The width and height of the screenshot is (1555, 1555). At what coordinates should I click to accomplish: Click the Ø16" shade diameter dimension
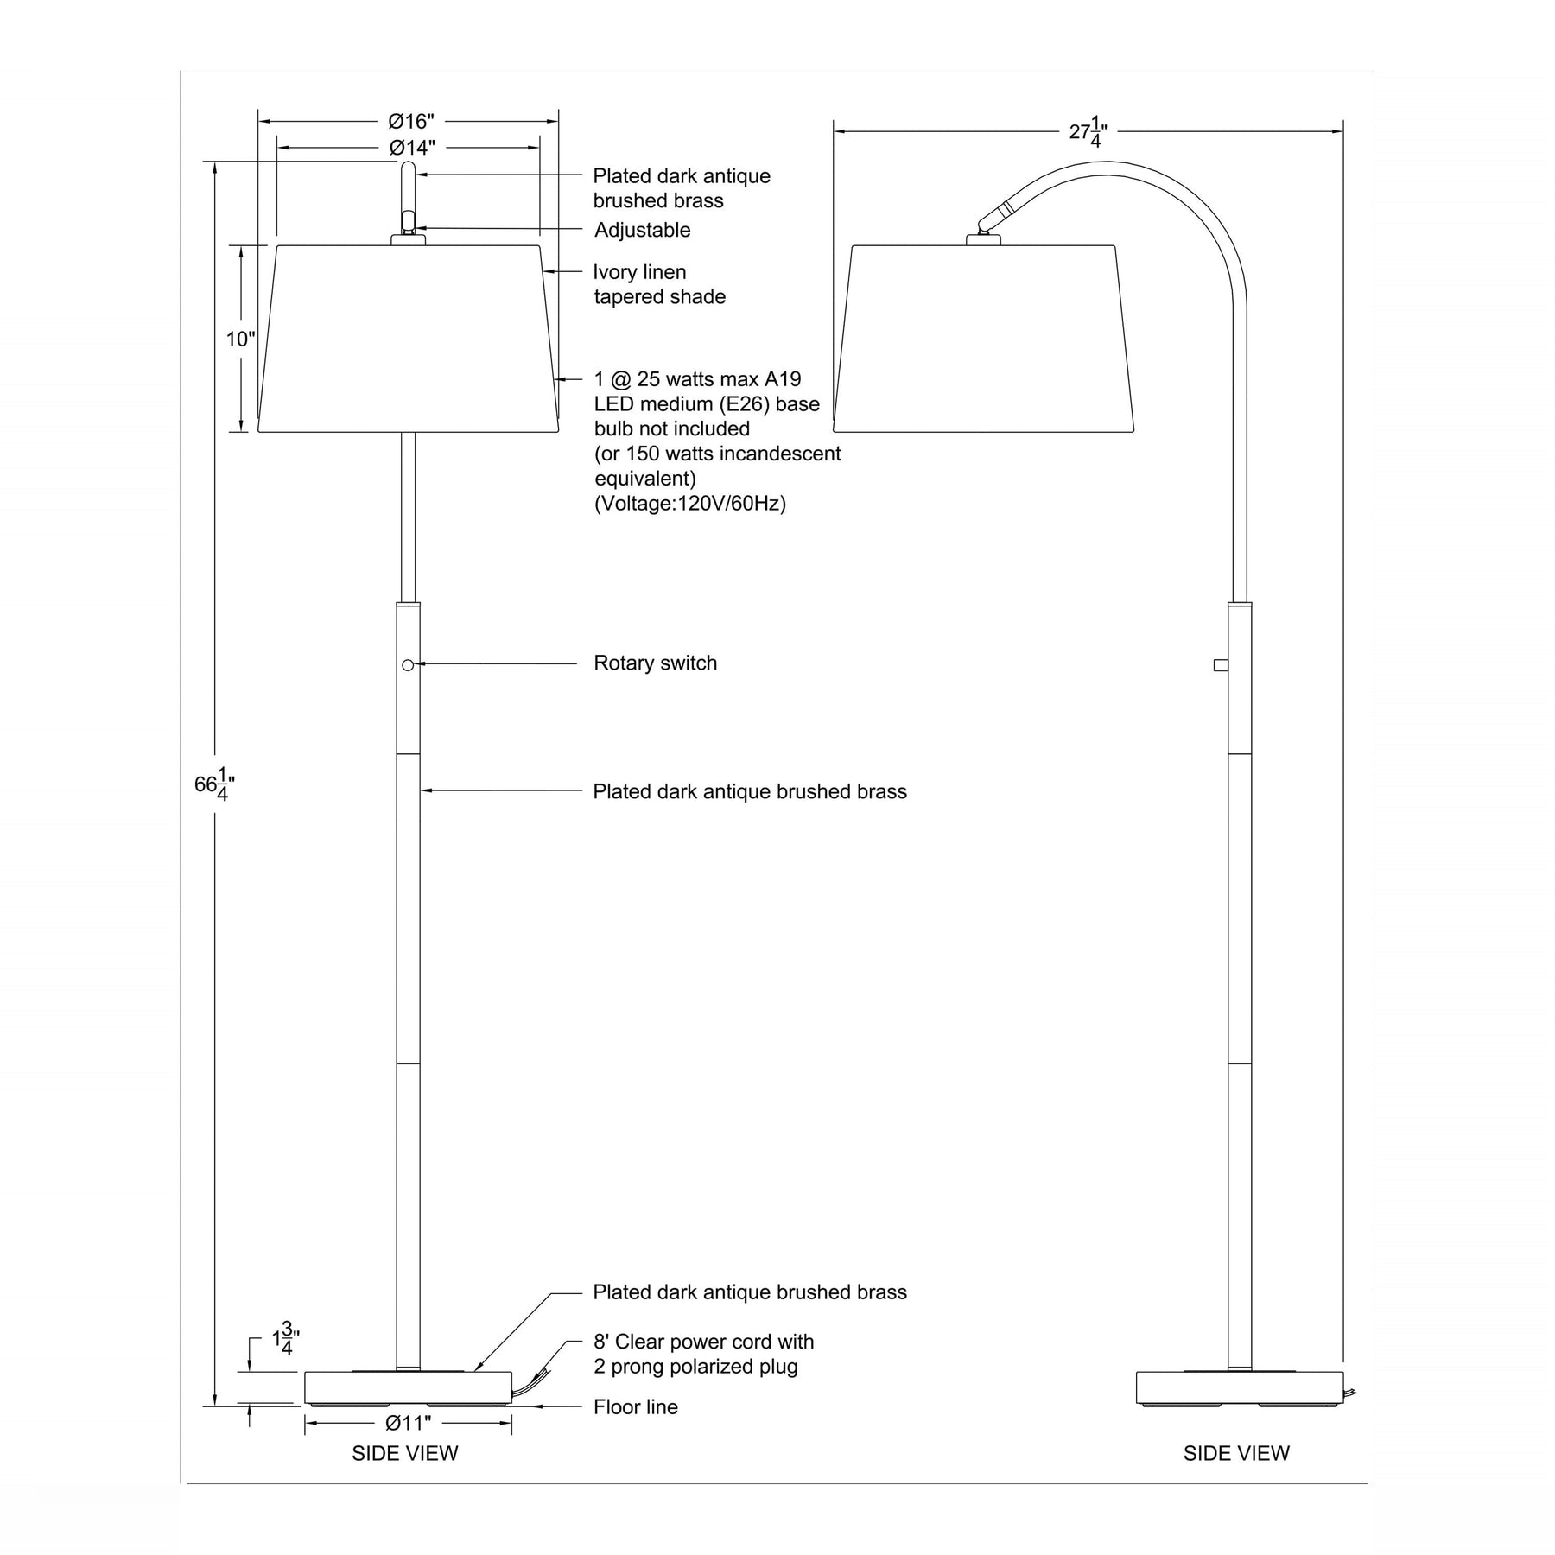pos(410,121)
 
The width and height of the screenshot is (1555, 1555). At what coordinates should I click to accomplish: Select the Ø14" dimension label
pos(411,148)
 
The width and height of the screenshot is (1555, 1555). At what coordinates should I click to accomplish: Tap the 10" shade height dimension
pos(241,340)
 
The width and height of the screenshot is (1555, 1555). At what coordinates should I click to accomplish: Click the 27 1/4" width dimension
pos(1088,132)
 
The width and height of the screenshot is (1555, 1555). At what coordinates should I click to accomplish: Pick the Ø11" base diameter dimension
pos(408,1423)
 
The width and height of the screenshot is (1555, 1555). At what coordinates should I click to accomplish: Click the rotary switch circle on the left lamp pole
pos(408,665)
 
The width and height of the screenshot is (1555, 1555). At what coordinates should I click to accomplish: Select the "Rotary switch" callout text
pos(655,663)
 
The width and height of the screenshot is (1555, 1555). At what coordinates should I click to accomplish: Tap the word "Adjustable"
pos(642,231)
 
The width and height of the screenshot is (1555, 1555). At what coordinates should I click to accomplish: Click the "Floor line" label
pos(635,1407)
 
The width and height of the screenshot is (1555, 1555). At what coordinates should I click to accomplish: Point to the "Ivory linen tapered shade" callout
pos(658,284)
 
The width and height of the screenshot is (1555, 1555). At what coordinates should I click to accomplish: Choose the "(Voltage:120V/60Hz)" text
pos(689,504)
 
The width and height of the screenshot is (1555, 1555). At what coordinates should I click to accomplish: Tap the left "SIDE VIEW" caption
pos(404,1454)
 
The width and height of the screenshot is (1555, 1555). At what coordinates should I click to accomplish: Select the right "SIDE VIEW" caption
pos(1235,1454)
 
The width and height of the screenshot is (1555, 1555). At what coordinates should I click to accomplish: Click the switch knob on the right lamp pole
pos(1221,664)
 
